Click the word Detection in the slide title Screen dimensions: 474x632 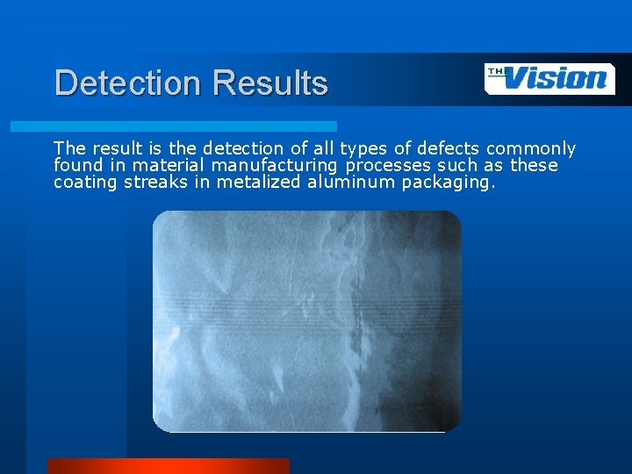(x=128, y=83)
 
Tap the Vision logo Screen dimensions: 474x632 (x=550, y=78)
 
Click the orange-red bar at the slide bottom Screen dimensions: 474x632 (x=168, y=465)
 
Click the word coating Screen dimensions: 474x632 (x=83, y=183)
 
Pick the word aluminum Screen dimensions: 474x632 (x=341, y=183)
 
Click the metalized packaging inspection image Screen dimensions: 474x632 (x=306, y=321)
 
